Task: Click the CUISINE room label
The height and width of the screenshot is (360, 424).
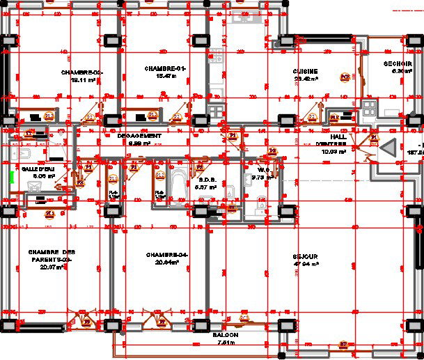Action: tap(306, 71)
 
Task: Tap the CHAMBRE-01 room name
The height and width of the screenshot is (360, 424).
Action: tap(165, 68)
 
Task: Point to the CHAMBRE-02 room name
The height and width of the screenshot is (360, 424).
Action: tap(82, 72)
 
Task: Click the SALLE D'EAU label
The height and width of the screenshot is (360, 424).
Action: tap(38, 169)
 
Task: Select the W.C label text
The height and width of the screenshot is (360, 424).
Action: tap(263, 169)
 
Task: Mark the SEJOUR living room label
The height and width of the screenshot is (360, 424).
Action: tap(305, 257)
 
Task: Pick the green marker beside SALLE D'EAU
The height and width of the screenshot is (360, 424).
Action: tap(12, 177)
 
